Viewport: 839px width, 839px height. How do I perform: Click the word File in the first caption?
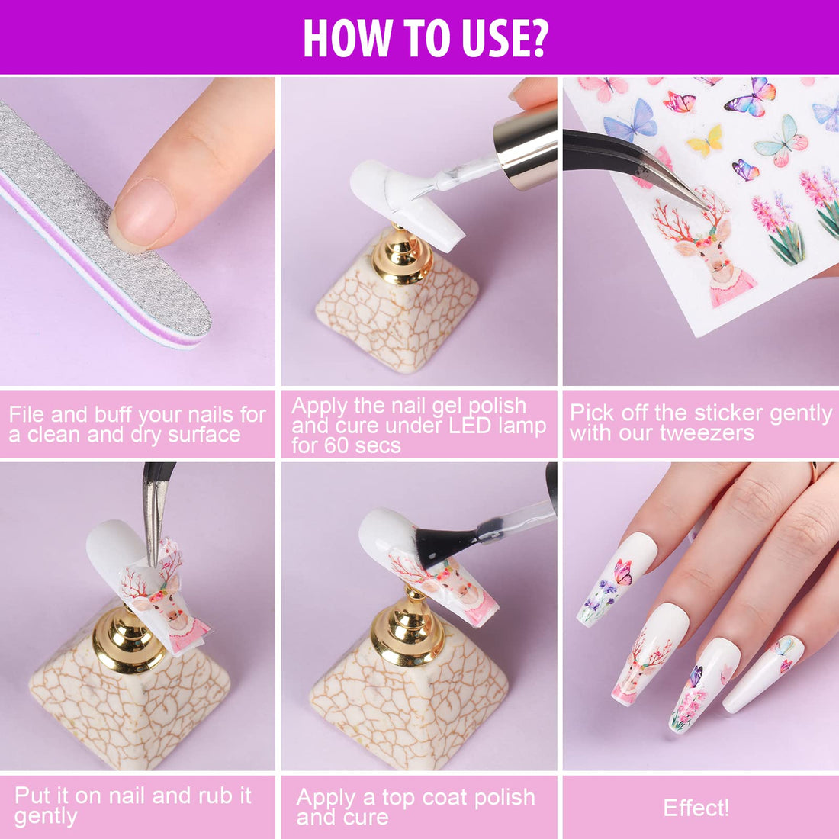pyautogui.click(x=27, y=415)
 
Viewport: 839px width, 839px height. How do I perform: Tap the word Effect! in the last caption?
pyautogui.click(x=696, y=808)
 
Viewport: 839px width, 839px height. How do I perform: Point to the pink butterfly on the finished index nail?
pyautogui.click(x=624, y=572)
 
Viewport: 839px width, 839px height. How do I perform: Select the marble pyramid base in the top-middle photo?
pyautogui.click(x=397, y=320)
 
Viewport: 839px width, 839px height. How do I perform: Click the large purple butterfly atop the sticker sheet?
pyautogui.click(x=751, y=97)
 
